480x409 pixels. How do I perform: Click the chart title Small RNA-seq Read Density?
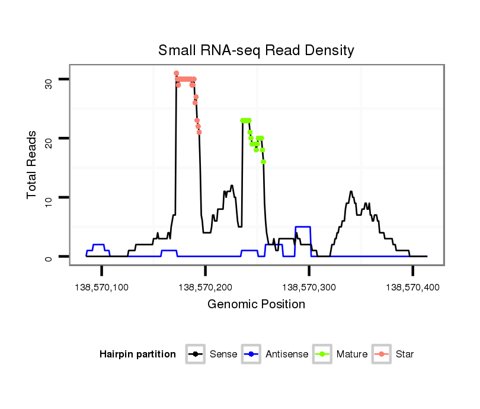[256, 50]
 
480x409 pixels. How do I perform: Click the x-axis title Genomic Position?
[256, 305]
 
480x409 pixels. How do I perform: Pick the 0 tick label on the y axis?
[49, 257]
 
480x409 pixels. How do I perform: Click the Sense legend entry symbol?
[196, 354]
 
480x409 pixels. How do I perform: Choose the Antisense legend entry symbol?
[252, 354]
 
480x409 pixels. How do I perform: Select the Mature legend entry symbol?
[323, 354]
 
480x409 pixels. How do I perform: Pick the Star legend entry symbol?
[382, 354]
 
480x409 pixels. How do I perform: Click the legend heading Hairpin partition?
[137, 354]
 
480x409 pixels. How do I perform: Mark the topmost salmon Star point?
[176, 73]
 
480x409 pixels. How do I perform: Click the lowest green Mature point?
[263, 162]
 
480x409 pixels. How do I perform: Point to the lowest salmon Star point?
[199, 132]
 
